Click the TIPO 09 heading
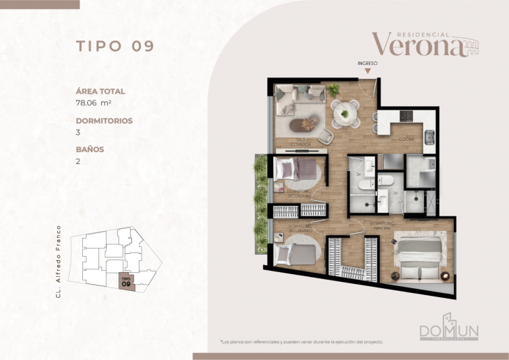click(114, 47)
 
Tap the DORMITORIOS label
click(104, 120)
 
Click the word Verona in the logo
click(417, 44)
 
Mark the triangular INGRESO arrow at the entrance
click(367, 70)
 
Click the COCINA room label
click(407, 140)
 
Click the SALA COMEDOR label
click(301, 143)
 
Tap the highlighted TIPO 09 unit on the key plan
click(126, 281)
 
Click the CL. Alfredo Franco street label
click(60, 262)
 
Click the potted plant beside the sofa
click(333, 89)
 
